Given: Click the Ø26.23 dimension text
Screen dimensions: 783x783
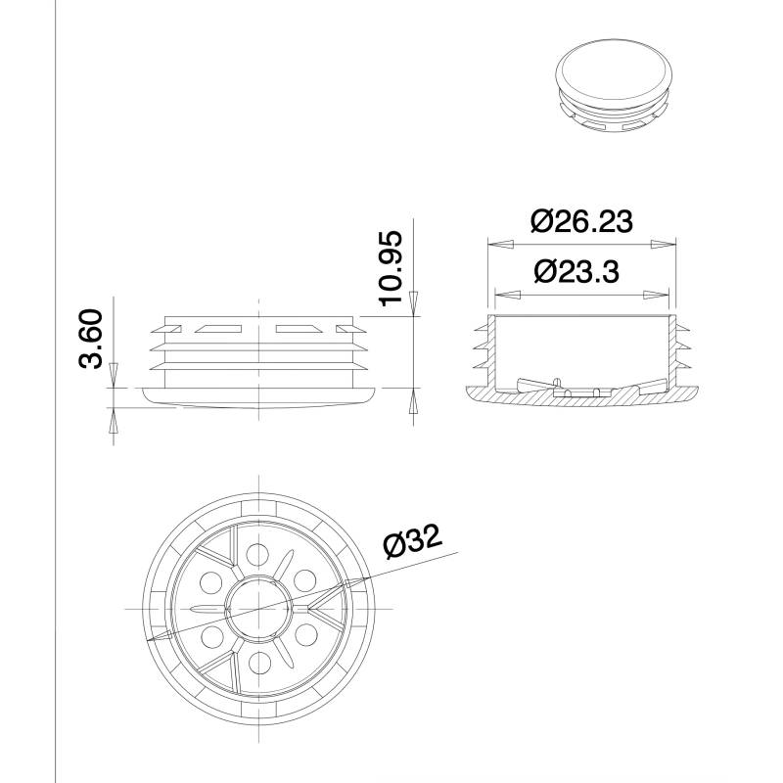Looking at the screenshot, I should coord(582,221).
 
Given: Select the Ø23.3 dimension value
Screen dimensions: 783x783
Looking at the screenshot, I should coord(576,271).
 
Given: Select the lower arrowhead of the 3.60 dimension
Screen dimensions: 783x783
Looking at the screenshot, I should coord(113,421).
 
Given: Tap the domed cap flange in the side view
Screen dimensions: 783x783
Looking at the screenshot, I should coord(258,396).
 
